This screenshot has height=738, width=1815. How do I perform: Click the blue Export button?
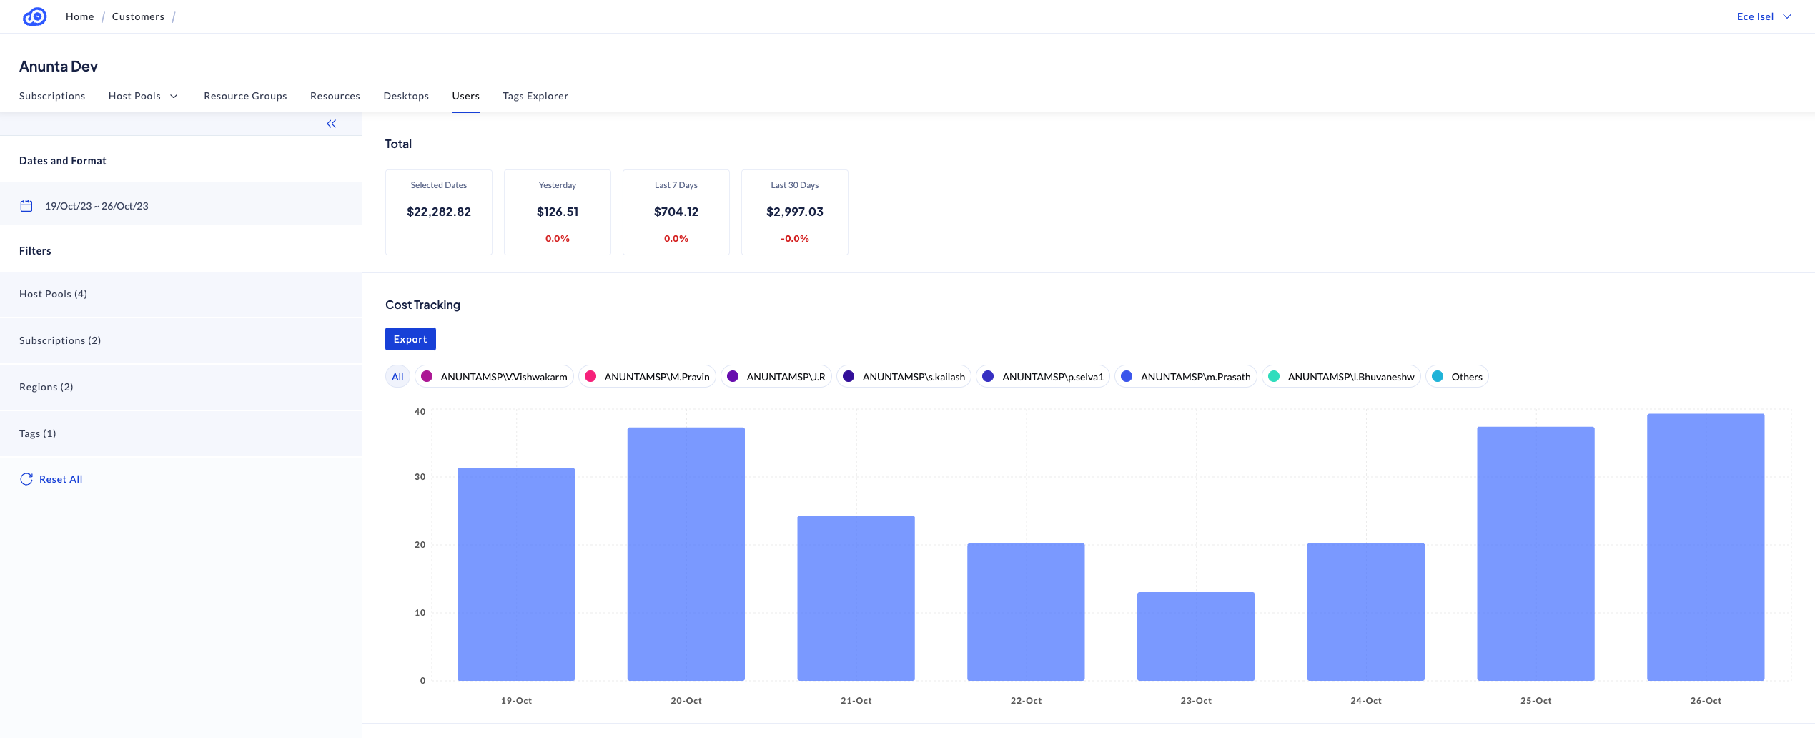410,339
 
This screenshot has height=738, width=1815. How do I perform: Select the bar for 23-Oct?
1195,636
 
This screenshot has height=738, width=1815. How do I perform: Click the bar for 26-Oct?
1705,547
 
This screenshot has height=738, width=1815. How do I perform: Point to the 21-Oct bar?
856,598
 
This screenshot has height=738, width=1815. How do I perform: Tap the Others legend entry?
1458,377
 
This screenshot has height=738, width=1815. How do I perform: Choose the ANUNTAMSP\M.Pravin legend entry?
647,377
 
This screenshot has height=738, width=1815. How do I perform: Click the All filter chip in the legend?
397,377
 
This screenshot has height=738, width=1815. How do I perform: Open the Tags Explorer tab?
535,96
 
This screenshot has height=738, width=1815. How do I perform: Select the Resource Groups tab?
245,96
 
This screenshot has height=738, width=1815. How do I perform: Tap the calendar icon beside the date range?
26,206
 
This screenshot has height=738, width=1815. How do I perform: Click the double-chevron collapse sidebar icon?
331,124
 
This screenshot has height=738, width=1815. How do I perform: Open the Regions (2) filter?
46,387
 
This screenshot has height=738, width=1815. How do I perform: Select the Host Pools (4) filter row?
54,294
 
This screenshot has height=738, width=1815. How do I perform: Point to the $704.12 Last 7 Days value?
676,212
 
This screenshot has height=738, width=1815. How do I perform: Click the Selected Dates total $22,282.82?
438,212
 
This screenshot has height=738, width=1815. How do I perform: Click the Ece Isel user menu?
1763,16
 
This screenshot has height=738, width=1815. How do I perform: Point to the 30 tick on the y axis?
420,477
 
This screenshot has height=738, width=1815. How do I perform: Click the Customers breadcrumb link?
138,16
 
